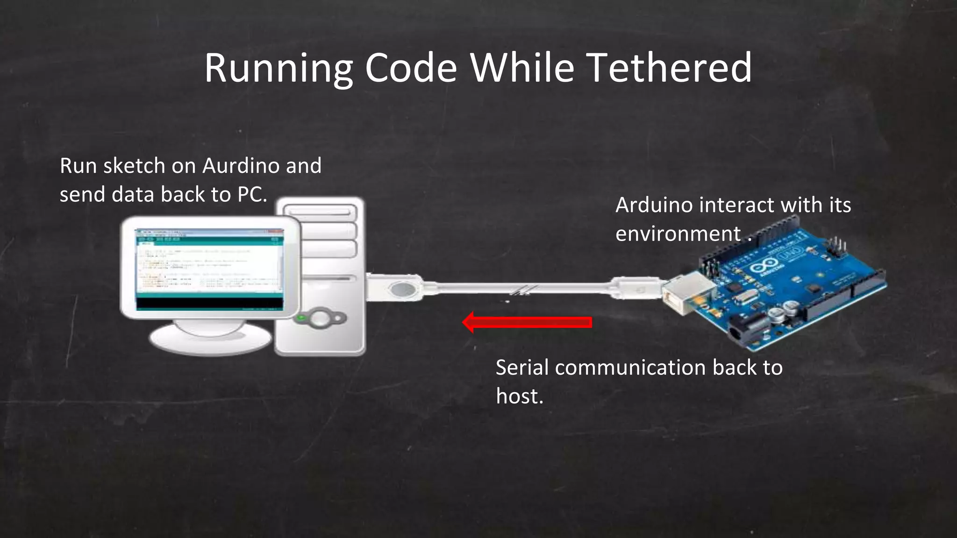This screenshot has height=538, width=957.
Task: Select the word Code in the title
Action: click(x=411, y=68)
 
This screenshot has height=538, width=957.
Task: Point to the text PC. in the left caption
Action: click(x=252, y=194)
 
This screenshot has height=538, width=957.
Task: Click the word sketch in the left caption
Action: click(x=134, y=166)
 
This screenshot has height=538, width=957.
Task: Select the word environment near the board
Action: click(x=678, y=234)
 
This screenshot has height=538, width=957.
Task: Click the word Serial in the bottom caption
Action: click(x=522, y=368)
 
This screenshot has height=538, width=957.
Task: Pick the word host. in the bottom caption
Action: click(x=520, y=396)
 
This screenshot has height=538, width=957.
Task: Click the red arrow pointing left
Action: click(x=527, y=322)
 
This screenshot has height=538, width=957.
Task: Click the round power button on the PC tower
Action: click(x=320, y=319)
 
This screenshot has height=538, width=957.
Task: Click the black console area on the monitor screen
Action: click(x=209, y=304)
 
